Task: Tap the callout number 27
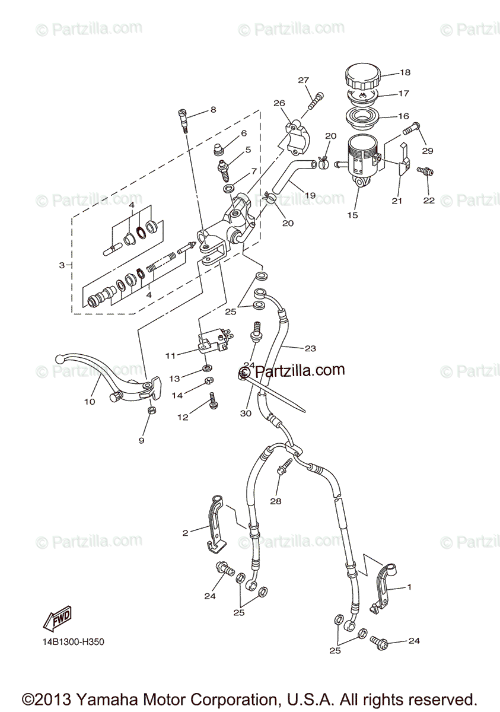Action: click(x=304, y=81)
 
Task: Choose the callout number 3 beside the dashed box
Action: click(x=62, y=265)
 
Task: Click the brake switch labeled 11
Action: click(x=211, y=343)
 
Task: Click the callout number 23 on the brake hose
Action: click(x=310, y=348)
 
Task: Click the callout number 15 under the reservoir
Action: click(x=353, y=215)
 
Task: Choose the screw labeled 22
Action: click(x=425, y=171)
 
